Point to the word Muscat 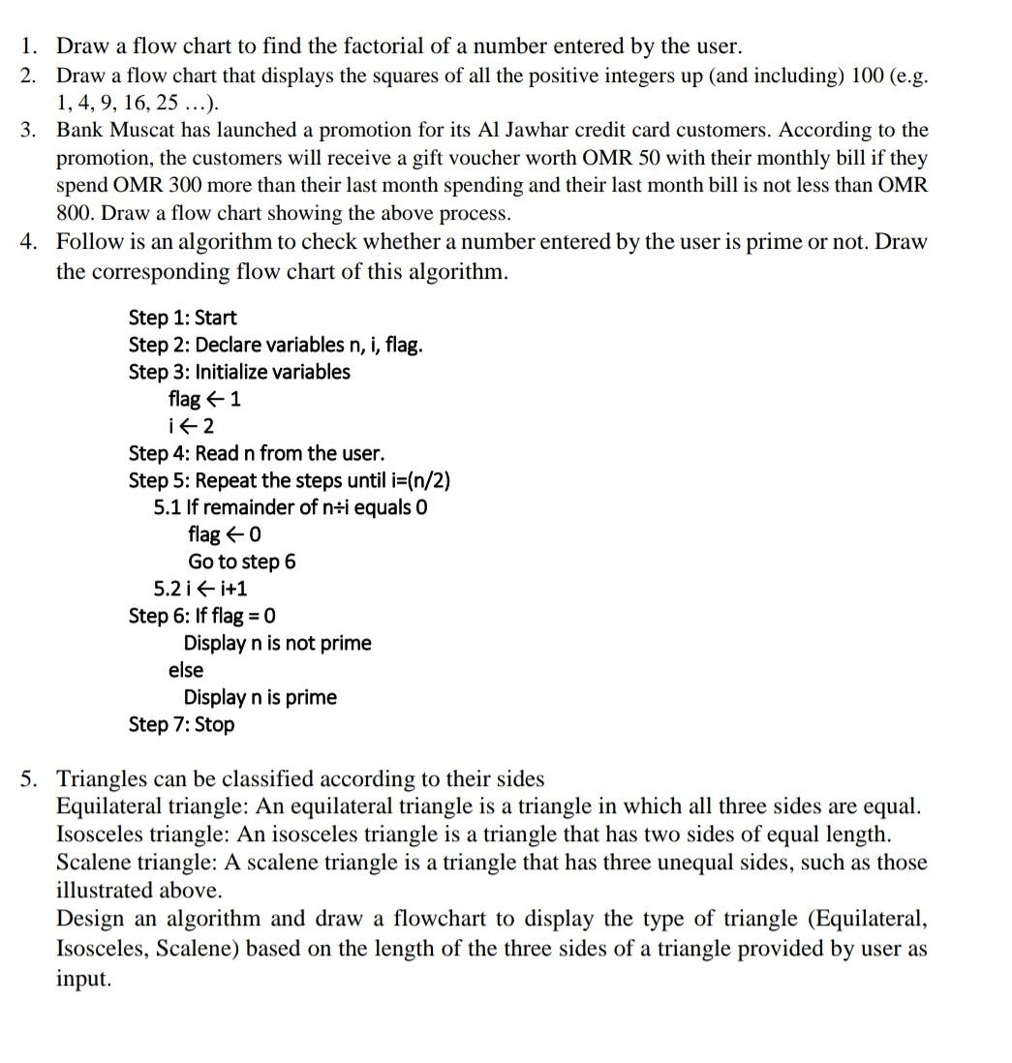click(x=140, y=130)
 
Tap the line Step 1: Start click(x=182, y=318)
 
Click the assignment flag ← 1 click(x=204, y=399)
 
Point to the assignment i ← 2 click(x=191, y=426)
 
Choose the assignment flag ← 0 click(x=225, y=534)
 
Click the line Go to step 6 click(x=242, y=562)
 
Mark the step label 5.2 click(x=167, y=589)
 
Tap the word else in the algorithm click(x=186, y=670)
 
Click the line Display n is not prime click(x=278, y=643)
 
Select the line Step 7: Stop click(x=181, y=724)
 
